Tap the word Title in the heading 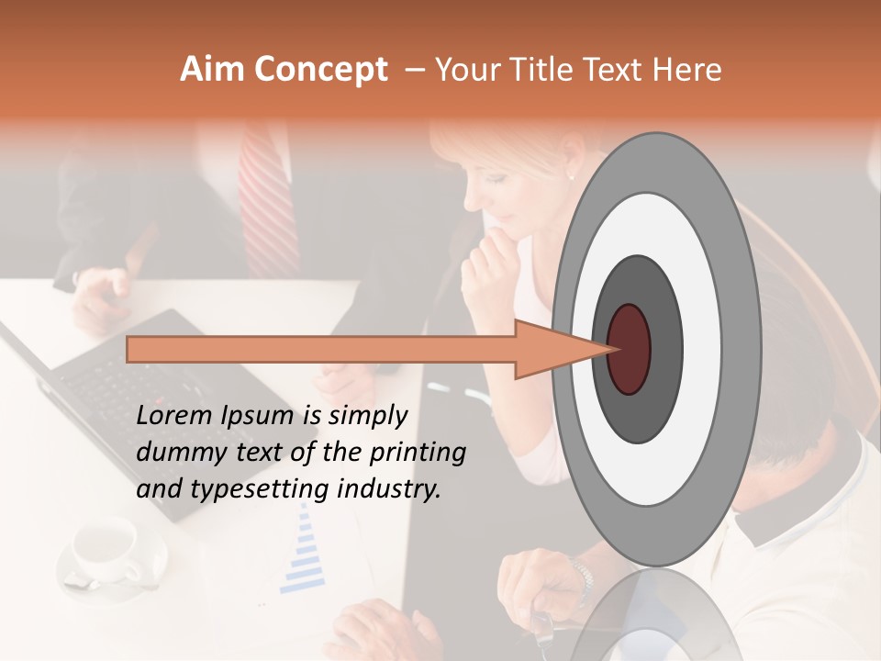tap(553, 70)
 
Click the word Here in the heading tap(687, 70)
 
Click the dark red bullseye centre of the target tap(629, 349)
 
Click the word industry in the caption tap(387, 489)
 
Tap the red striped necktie tap(269, 202)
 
